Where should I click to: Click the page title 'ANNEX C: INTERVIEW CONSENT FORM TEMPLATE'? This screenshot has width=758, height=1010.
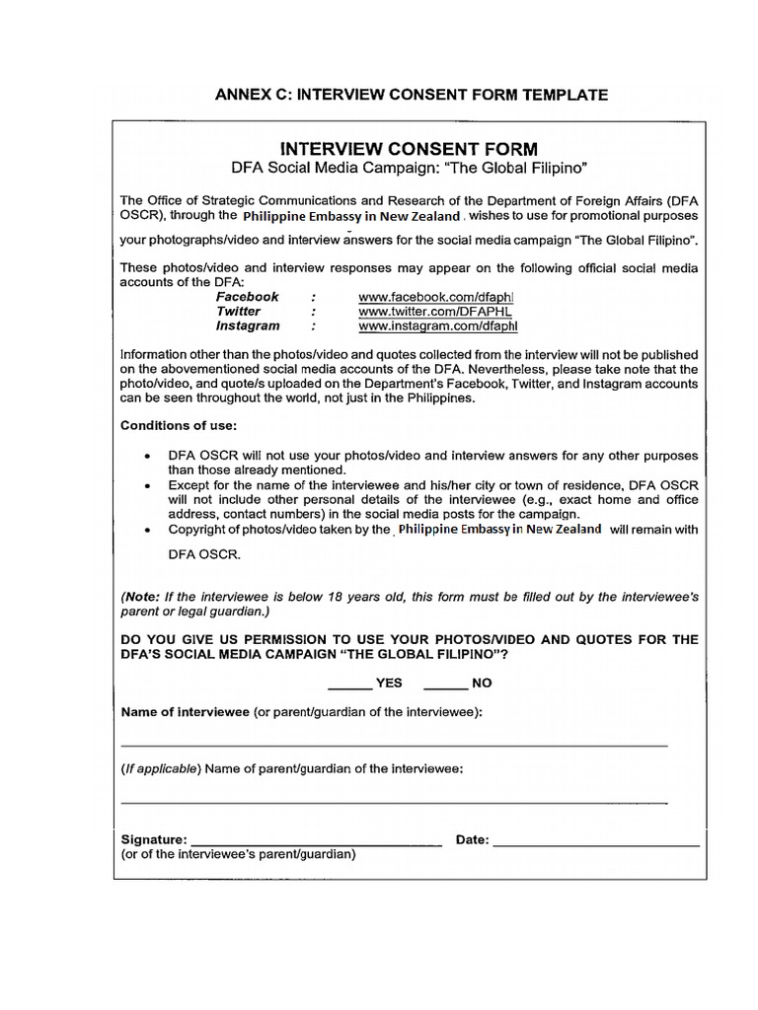click(x=412, y=95)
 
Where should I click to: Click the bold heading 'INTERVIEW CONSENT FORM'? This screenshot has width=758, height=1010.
click(x=410, y=149)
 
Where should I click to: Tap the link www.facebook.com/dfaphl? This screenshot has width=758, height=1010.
click(x=437, y=296)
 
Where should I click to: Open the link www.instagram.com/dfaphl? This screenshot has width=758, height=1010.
click(x=437, y=325)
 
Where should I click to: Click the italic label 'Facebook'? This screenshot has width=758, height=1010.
click(x=248, y=296)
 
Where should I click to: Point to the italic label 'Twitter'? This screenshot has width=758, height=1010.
click(x=239, y=311)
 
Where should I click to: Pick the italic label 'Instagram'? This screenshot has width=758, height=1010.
click(x=248, y=325)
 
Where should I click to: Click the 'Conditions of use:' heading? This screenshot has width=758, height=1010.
click(x=179, y=426)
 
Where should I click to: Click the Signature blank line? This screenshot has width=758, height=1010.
click(x=315, y=844)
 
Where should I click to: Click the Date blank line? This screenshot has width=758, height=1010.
click(x=596, y=844)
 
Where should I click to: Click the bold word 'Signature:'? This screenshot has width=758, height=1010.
click(x=154, y=840)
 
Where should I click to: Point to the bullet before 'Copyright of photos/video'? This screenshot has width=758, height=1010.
click(x=147, y=530)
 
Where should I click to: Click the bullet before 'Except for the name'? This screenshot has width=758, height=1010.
click(x=147, y=485)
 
